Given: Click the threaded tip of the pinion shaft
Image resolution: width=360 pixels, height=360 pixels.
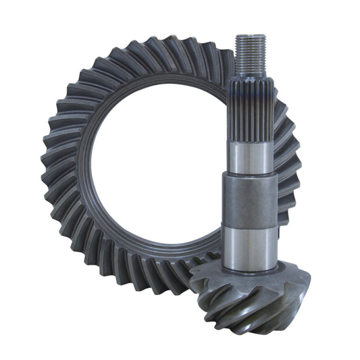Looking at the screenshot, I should [251, 51].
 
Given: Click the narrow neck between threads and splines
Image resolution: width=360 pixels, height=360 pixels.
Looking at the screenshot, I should [251, 76].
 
